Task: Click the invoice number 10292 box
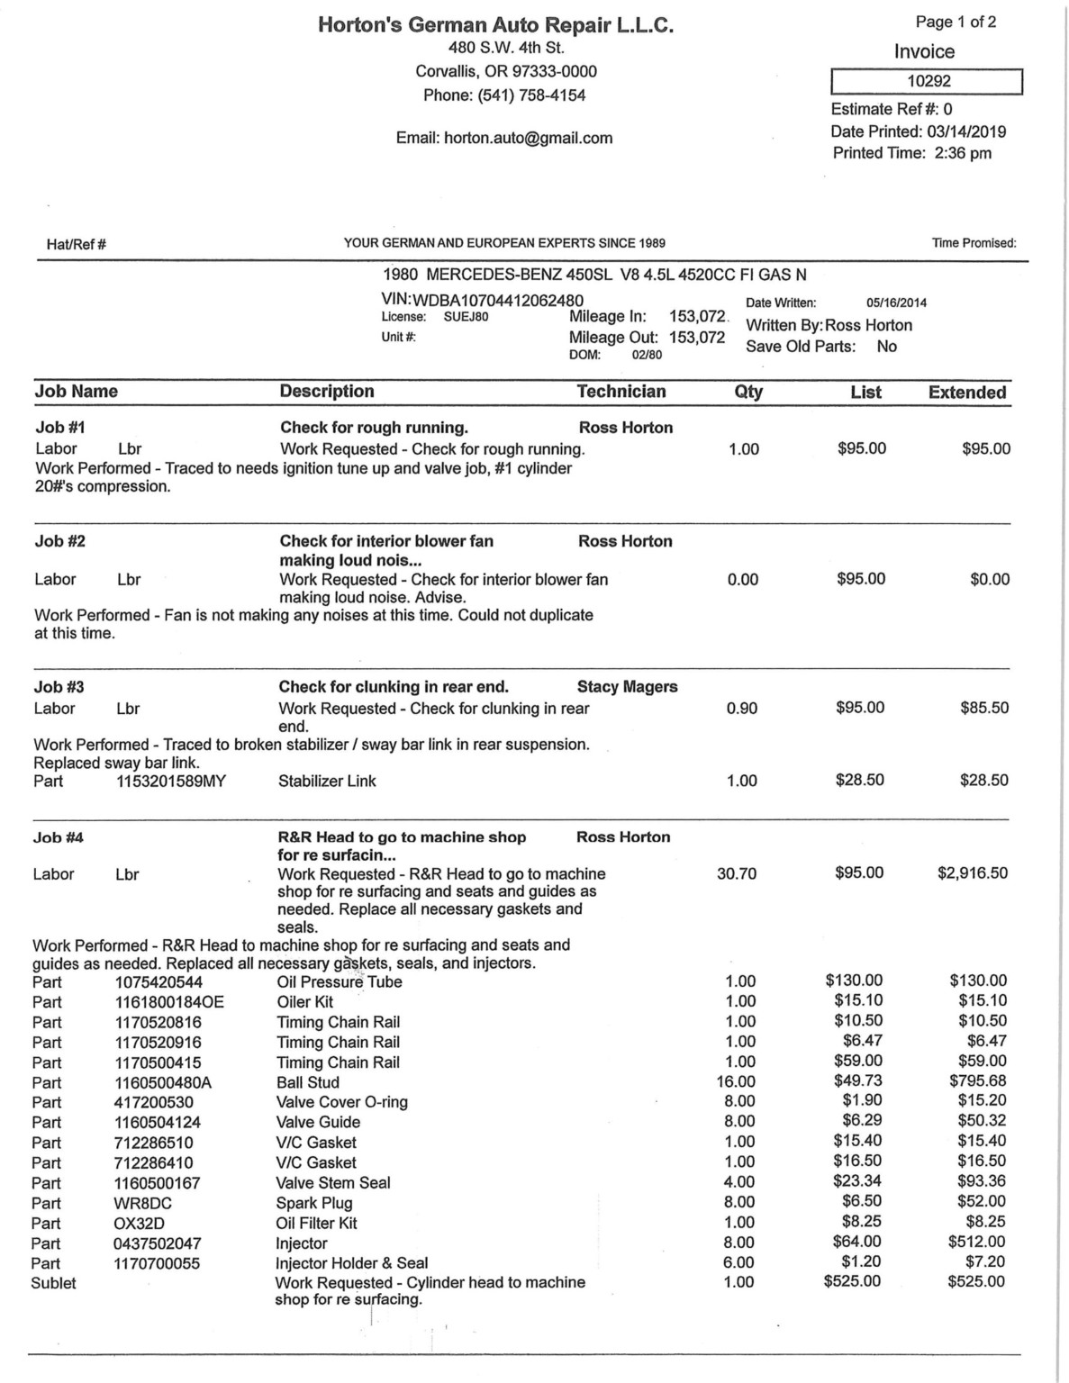(x=927, y=81)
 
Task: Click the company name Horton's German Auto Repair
(x=495, y=25)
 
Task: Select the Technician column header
(x=621, y=392)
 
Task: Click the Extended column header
(x=967, y=393)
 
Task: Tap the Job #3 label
(x=59, y=687)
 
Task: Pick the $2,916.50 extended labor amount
(x=973, y=872)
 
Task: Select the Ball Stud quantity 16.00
(x=736, y=1081)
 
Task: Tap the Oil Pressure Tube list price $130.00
(x=854, y=981)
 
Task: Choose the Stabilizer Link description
(x=327, y=781)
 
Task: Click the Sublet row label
(x=54, y=1283)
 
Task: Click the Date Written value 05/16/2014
(x=896, y=303)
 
